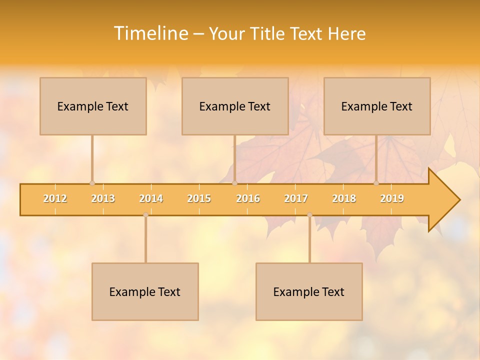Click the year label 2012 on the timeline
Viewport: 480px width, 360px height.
tap(55, 198)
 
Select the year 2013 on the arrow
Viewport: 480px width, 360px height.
tap(103, 198)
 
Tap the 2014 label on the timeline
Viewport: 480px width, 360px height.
tap(151, 198)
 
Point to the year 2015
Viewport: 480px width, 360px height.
tap(199, 198)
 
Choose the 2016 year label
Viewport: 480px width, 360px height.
tap(248, 198)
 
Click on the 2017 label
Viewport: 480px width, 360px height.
tap(296, 198)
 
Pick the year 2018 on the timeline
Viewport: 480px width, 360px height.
tap(344, 198)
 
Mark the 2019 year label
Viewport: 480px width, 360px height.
tap(392, 198)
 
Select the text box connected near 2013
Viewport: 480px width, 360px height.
tap(93, 106)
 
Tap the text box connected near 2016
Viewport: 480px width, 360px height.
tap(235, 106)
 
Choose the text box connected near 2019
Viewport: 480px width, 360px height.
tap(377, 106)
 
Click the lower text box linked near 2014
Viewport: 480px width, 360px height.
tap(145, 291)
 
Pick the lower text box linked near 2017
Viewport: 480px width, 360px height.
tap(309, 291)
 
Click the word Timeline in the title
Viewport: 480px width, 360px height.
tap(150, 33)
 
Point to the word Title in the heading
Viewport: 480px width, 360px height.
tap(269, 34)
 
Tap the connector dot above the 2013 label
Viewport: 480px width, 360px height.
tap(92, 183)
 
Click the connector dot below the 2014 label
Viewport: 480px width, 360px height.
tap(145, 215)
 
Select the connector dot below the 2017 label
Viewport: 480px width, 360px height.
tap(309, 215)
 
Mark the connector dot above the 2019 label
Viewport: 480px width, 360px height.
tap(376, 183)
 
